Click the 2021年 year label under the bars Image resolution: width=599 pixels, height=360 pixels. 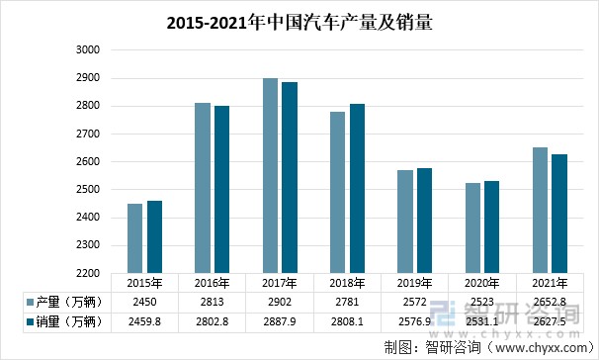(549, 282)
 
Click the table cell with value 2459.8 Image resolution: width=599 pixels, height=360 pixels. (146, 320)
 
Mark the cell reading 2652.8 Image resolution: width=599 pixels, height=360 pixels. (549, 301)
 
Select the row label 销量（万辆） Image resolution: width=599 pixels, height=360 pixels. (67, 320)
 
